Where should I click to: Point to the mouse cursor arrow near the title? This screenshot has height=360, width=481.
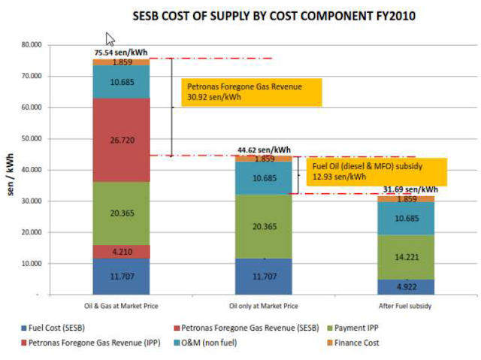[110, 39]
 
